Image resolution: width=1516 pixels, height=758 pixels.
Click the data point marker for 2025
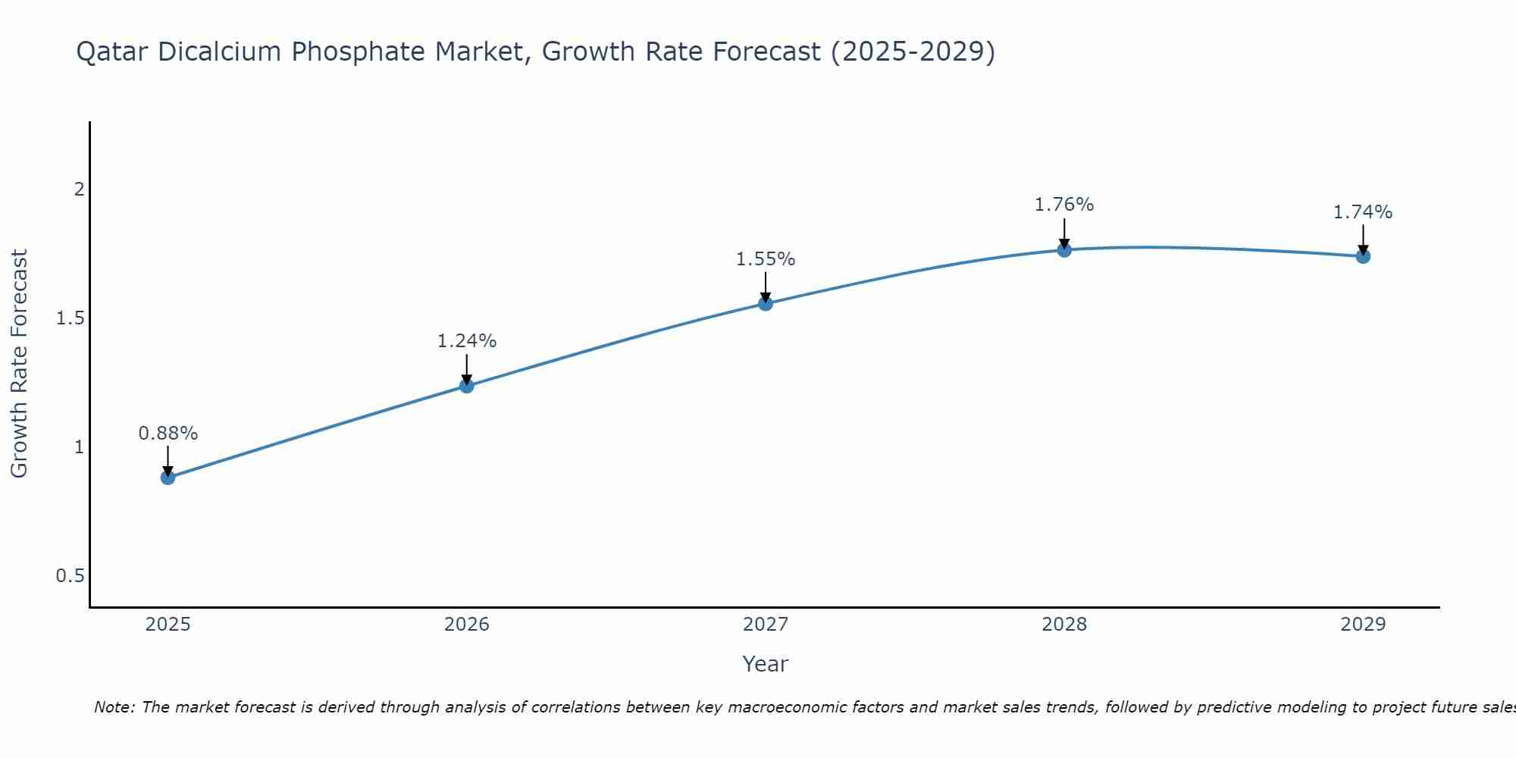point(168,477)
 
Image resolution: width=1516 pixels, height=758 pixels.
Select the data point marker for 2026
point(467,386)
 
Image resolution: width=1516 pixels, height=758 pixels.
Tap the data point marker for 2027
point(766,304)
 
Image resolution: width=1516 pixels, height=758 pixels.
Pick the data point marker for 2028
point(1064,249)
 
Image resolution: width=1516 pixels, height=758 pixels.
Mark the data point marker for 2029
point(1363,256)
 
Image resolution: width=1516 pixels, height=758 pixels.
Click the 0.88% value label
point(168,434)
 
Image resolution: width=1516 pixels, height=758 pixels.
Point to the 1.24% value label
point(467,341)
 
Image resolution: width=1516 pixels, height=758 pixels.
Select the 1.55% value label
point(766,259)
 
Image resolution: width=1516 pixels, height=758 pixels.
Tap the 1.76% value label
point(1064,205)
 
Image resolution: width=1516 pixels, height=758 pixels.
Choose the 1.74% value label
point(1363,212)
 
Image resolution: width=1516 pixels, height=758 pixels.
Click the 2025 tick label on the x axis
point(168,625)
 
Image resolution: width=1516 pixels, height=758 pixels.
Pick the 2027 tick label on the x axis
point(766,625)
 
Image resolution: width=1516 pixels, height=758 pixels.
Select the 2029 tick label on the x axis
point(1363,625)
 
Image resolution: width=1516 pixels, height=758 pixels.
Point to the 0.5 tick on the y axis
point(70,576)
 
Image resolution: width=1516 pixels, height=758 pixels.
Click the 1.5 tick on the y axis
point(70,318)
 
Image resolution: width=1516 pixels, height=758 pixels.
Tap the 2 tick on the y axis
point(79,189)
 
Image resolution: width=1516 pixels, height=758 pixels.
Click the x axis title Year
point(766,664)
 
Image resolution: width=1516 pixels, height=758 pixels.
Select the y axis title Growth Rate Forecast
point(19,364)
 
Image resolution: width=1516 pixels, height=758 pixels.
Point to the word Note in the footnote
point(114,707)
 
